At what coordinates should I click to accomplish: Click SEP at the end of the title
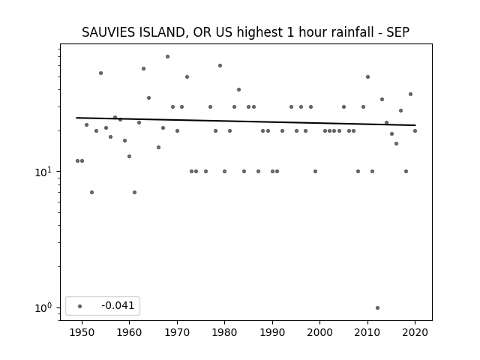point(397,32)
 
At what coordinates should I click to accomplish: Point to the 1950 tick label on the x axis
point(82,332)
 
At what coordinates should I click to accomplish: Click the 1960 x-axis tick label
point(129,332)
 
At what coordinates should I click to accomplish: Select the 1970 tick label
point(177,332)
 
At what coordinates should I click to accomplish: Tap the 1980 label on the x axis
point(224,332)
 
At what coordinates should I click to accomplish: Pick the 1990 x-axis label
point(272,332)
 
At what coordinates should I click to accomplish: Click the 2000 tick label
point(319,332)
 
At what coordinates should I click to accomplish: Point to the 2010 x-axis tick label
point(367,332)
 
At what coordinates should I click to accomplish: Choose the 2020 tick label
point(415,332)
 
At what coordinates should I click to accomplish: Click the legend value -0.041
point(118,305)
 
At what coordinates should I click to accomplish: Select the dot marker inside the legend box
point(80,306)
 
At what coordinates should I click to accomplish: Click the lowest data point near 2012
point(377,308)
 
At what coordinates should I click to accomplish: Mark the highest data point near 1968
point(167,57)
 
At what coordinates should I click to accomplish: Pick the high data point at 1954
point(100,73)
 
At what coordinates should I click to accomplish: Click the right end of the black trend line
point(415,125)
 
